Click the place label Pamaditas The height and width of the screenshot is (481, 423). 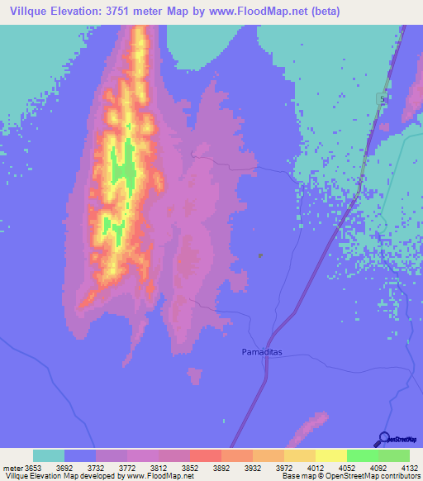[x=262, y=352]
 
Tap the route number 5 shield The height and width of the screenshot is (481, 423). [x=382, y=98]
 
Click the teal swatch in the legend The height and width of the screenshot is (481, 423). [x=49, y=455]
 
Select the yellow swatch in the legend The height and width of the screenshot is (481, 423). [x=331, y=455]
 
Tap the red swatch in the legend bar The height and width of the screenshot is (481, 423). [x=206, y=455]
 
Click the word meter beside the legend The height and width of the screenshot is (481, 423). [x=12, y=467]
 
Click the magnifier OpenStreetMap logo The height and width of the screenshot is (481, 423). [x=385, y=439]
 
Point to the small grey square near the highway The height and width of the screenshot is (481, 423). [x=261, y=255]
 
